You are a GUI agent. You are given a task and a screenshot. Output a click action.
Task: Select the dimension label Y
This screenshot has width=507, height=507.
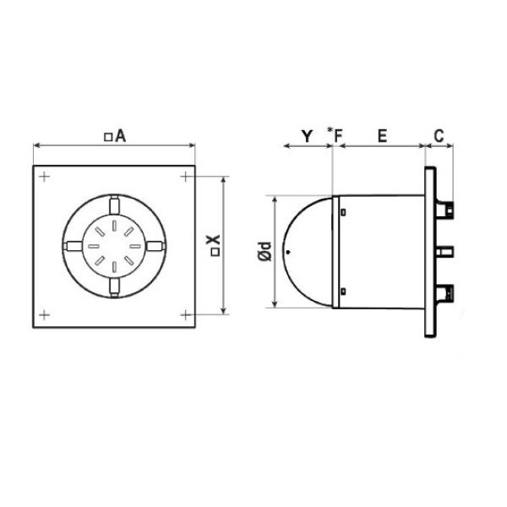tap(307, 135)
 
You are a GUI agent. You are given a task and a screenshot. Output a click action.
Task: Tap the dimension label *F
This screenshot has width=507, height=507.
tap(335, 135)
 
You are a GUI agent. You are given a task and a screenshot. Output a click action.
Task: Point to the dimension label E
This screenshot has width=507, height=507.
tap(382, 135)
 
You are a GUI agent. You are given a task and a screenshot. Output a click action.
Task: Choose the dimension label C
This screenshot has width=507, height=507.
tap(439, 135)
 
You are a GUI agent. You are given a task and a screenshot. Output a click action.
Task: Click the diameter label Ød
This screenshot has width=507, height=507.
tap(265, 251)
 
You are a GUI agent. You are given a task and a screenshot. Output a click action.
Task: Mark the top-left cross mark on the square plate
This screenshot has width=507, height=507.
tap(44, 177)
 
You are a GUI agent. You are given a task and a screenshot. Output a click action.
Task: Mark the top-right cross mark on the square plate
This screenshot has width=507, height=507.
tap(184, 177)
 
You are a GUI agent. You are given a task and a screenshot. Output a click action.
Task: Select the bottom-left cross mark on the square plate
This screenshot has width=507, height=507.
tap(44, 317)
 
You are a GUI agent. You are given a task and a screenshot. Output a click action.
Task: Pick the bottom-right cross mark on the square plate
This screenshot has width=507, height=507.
tap(184, 317)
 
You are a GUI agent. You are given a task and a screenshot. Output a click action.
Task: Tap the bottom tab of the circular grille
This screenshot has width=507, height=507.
tap(114, 288)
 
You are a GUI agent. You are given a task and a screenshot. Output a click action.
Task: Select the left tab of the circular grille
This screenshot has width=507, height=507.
tap(73, 247)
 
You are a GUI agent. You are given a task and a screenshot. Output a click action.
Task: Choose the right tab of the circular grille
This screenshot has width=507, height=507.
tap(155, 247)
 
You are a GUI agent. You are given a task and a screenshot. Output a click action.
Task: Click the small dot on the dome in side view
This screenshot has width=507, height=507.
tap(289, 251)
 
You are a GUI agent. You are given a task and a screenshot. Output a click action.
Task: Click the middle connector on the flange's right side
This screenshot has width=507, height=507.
tap(445, 251)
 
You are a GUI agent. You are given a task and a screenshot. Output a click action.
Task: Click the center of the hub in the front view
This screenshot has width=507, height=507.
tap(114, 247)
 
